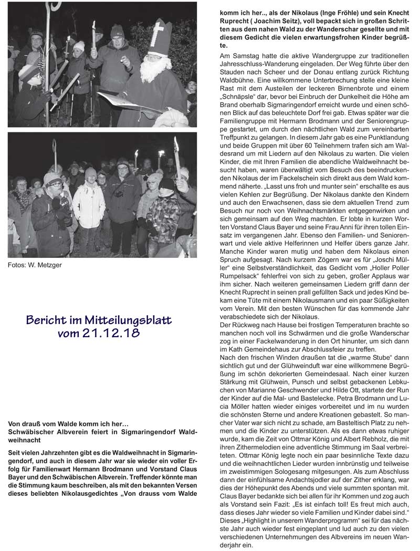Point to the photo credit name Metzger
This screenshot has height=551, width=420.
[x=50, y=265]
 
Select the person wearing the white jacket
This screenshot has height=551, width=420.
[x=89, y=205]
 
